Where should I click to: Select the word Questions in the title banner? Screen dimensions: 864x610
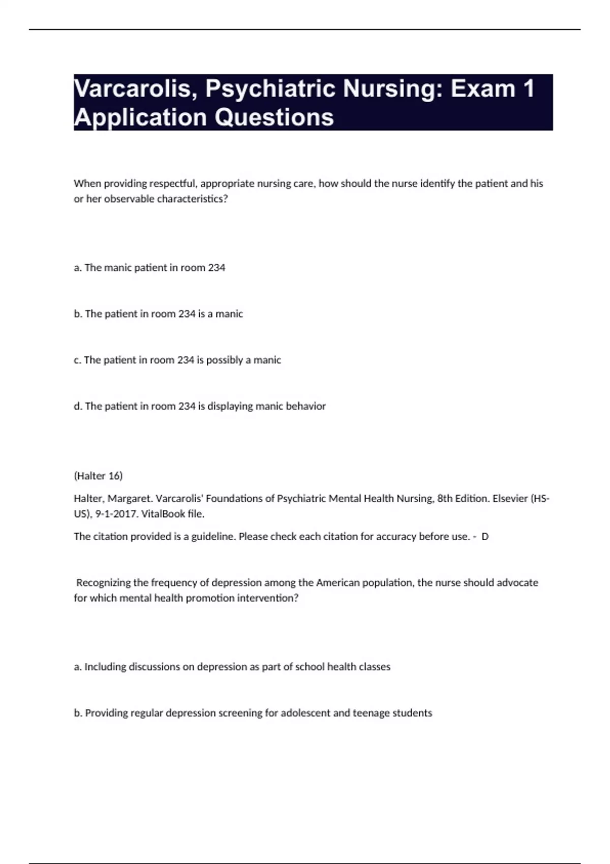[274, 117]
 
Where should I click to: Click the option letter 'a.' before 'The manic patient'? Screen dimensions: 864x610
[78, 268]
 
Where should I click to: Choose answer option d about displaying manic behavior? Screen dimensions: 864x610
[200, 406]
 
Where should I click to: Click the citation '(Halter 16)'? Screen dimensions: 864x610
[98, 476]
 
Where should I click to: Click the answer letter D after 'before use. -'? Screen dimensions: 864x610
[485, 537]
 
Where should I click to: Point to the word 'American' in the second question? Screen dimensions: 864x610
[336, 582]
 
